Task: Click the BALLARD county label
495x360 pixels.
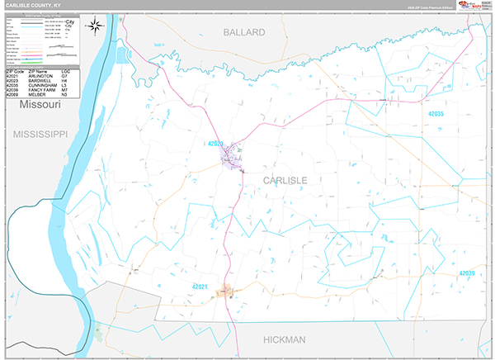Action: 244,32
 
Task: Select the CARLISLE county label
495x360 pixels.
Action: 285,179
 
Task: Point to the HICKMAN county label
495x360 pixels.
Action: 285,339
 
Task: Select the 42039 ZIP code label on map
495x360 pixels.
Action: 466,272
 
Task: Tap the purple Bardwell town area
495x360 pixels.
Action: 233,156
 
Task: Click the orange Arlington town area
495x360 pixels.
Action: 225,292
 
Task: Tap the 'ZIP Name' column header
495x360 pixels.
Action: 44,71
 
